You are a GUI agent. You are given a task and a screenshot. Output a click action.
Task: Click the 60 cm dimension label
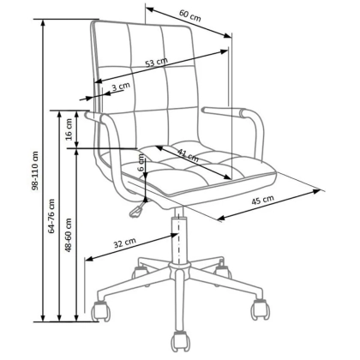tap(190, 15)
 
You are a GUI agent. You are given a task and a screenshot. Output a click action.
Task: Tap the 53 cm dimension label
tap(156, 63)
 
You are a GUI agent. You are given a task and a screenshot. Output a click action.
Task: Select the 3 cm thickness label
tap(121, 87)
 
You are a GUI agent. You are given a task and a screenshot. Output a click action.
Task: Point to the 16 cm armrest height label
tap(69, 129)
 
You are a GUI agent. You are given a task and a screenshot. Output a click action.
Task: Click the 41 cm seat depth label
tap(188, 156)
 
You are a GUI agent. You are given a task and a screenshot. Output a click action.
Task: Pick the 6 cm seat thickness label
tap(141, 163)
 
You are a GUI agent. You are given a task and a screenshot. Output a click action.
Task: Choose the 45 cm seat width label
tap(262, 200)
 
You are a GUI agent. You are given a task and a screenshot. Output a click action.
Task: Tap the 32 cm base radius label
tap(124, 243)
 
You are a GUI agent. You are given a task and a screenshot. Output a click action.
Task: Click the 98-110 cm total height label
tap(35, 171)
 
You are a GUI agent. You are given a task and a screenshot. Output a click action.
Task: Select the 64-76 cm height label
tap(51, 216)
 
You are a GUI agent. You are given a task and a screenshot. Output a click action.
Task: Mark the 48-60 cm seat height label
tap(69, 235)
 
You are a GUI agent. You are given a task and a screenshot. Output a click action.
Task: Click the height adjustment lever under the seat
tap(139, 208)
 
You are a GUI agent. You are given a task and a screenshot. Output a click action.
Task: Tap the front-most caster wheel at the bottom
tap(180, 342)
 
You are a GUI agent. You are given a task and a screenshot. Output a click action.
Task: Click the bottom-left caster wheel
tap(100, 311)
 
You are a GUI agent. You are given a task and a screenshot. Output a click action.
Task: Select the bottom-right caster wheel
tap(260, 309)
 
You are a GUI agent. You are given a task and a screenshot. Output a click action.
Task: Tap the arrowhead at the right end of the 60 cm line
tap(227, 35)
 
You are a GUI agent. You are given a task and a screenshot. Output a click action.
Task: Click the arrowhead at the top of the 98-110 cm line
tap(43, 22)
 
